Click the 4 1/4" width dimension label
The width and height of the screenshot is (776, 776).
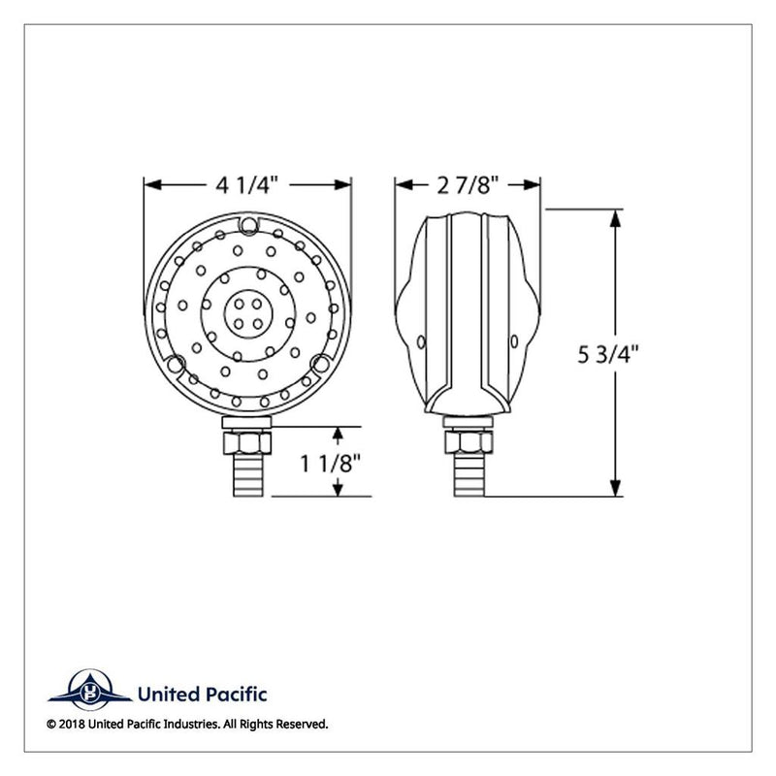[248, 183]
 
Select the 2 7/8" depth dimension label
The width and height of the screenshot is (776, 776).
[467, 183]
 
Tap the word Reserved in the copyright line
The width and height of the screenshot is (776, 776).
[301, 724]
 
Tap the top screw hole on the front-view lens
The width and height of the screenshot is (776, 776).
[249, 228]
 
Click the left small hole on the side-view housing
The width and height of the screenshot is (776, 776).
[421, 341]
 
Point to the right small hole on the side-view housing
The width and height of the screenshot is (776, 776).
[515, 341]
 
